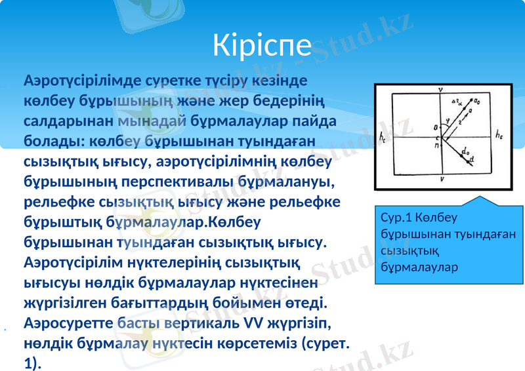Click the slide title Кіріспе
[262, 45]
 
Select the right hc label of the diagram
[499, 136]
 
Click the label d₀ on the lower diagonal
[465, 152]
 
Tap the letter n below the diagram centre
[436, 146]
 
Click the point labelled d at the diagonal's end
[472, 161]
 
